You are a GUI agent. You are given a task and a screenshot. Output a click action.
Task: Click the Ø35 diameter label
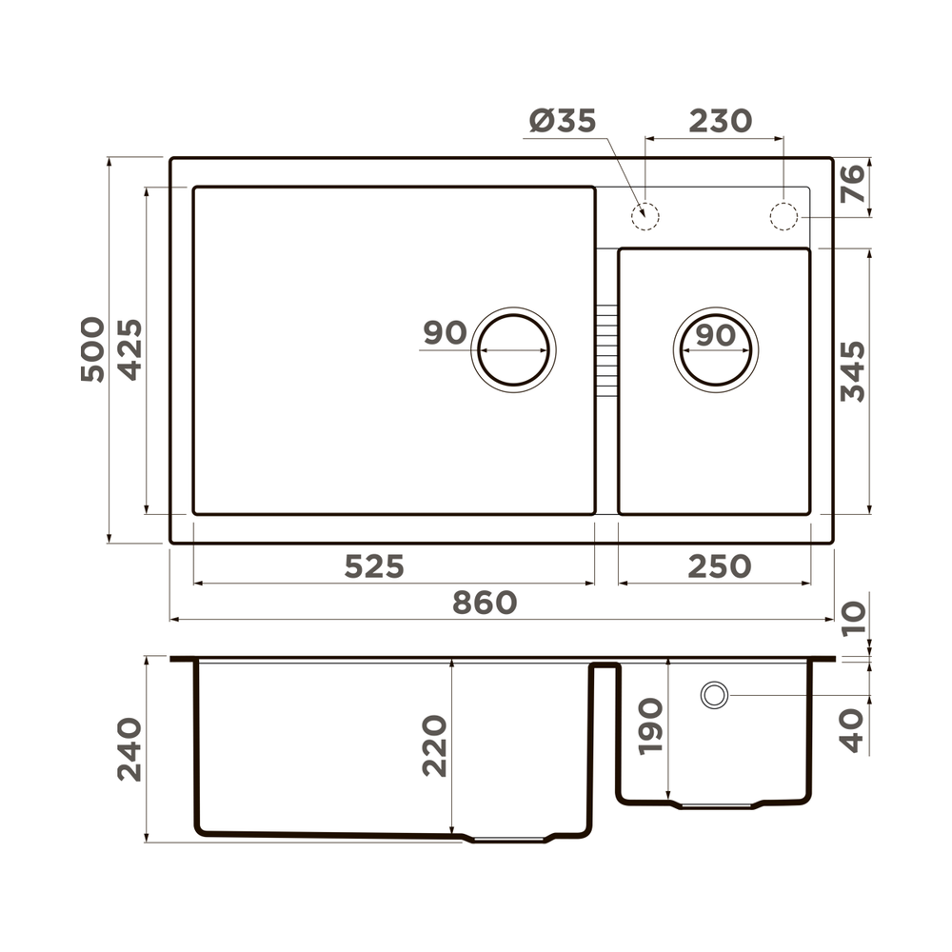(x=562, y=122)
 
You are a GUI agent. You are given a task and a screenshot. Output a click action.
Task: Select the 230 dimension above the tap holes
(x=720, y=122)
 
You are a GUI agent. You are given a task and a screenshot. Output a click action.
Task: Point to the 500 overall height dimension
(x=92, y=349)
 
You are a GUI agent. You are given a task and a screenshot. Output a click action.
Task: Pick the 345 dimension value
(x=854, y=371)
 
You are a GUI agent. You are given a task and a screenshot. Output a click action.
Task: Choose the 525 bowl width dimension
(x=374, y=567)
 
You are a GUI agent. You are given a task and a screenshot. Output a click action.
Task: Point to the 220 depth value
(x=434, y=746)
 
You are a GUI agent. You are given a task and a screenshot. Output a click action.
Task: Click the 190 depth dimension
(x=651, y=726)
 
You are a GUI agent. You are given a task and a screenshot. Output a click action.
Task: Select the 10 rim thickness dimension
(x=854, y=617)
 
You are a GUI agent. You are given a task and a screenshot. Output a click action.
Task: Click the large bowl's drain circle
(x=514, y=349)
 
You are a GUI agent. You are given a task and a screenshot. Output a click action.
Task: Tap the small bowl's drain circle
(x=715, y=349)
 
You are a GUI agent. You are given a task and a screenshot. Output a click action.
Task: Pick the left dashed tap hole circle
(x=645, y=215)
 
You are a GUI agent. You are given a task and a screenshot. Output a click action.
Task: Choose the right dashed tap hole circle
(x=783, y=215)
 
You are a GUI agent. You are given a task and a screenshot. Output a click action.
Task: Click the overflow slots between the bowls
(x=605, y=348)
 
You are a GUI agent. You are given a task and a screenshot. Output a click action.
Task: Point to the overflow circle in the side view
(x=714, y=695)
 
